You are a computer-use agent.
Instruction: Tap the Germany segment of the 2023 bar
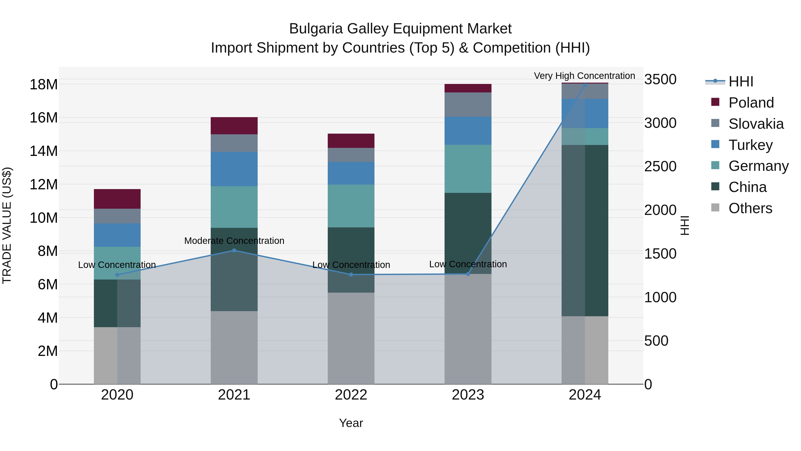click(x=468, y=168)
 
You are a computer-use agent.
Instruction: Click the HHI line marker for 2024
click(x=585, y=85)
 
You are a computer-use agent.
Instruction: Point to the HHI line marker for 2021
click(x=234, y=250)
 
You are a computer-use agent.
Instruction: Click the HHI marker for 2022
click(x=351, y=275)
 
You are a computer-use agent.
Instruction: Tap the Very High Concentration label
click(x=584, y=76)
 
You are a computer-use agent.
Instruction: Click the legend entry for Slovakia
click(x=756, y=124)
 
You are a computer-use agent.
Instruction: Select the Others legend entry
click(x=750, y=208)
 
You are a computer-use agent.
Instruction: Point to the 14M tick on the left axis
click(x=44, y=151)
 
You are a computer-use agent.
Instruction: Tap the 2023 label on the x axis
click(x=468, y=395)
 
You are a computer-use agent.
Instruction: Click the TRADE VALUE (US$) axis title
click(x=7, y=225)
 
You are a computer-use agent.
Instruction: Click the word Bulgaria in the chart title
click(x=316, y=29)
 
